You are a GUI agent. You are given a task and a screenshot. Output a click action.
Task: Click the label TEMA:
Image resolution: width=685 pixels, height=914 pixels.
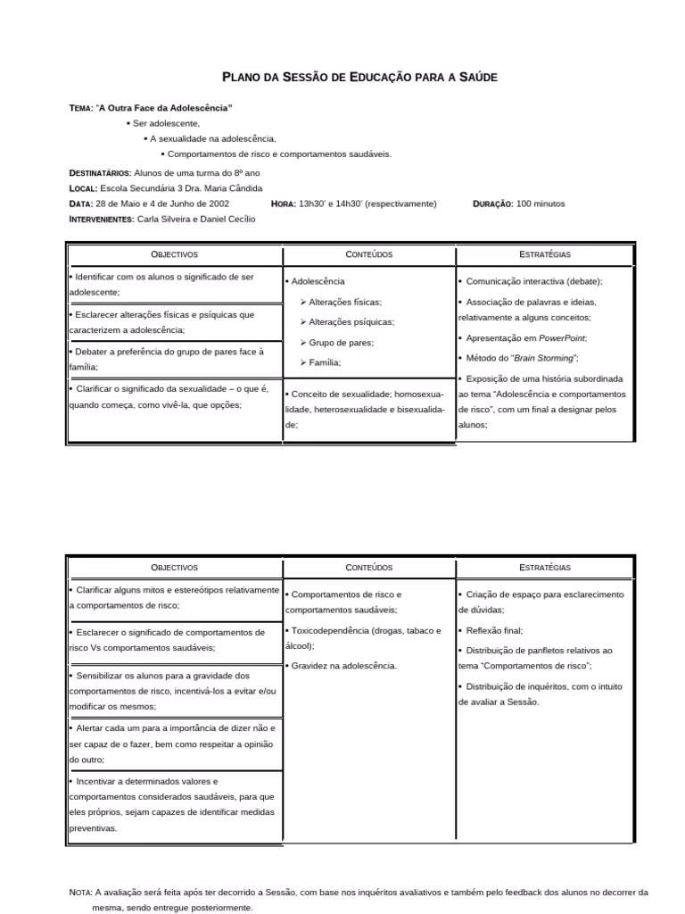(80, 108)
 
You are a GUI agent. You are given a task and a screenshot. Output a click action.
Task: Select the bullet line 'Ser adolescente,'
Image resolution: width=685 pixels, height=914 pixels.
(166, 123)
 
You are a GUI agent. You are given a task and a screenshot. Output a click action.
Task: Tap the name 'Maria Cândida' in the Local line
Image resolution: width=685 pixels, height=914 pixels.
(234, 188)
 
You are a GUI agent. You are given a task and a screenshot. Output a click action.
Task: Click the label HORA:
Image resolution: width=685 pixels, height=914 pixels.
(283, 204)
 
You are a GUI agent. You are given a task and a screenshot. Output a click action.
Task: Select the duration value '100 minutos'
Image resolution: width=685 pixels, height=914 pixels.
(541, 204)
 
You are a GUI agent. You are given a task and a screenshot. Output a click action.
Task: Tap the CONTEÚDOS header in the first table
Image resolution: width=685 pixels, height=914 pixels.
(368, 254)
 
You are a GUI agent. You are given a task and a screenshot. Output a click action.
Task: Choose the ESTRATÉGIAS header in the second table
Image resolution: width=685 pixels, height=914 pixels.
(544, 568)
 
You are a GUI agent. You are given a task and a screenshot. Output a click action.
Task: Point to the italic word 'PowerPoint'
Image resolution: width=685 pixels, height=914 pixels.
(562, 338)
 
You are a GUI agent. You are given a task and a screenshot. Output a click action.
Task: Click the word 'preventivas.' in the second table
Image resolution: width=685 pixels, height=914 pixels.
(93, 828)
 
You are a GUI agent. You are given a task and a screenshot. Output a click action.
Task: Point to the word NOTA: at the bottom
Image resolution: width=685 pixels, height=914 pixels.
(80, 892)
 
